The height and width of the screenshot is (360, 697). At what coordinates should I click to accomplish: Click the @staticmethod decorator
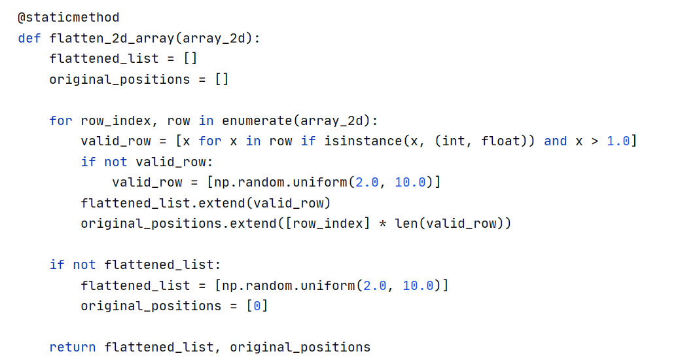pyautogui.click(x=69, y=18)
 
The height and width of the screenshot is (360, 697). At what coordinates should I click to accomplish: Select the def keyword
pyautogui.click(x=29, y=38)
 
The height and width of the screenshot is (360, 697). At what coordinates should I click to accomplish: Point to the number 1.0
pyautogui.click(x=618, y=141)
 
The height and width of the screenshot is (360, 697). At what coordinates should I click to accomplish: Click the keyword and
pyautogui.click(x=556, y=141)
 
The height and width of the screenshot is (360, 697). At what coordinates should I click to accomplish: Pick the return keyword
pyautogui.click(x=73, y=348)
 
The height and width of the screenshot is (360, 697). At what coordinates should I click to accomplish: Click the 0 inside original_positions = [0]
pyautogui.click(x=257, y=306)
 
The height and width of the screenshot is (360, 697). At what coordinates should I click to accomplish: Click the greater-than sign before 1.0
pyautogui.click(x=594, y=141)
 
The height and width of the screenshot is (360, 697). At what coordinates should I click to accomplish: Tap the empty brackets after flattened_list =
pyautogui.click(x=190, y=59)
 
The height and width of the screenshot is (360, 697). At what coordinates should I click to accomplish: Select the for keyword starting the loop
pyautogui.click(x=61, y=121)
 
